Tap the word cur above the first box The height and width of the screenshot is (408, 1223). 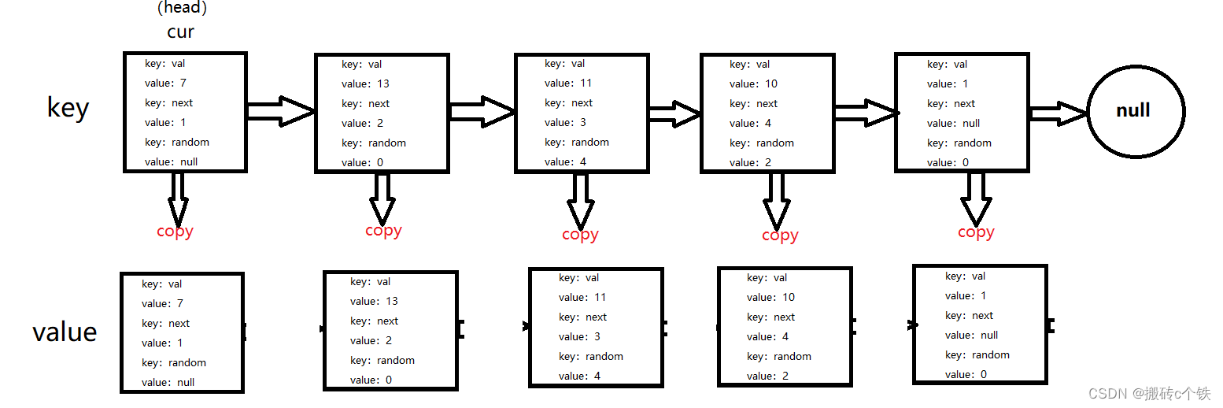pyautogui.click(x=180, y=32)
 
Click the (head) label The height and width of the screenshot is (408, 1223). pyautogui.click(x=182, y=8)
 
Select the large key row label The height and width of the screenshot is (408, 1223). pyautogui.click(x=68, y=107)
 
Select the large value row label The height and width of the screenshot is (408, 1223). pyautogui.click(x=65, y=332)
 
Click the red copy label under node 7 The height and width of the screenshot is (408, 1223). pyautogui.click(x=175, y=231)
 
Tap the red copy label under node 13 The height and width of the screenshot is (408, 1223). pyautogui.click(x=383, y=230)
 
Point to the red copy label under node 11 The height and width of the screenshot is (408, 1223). pyautogui.click(x=580, y=234)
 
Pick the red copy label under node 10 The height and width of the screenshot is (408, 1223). pyautogui.click(x=780, y=235)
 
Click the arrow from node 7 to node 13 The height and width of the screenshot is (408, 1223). pyautogui.click(x=281, y=111)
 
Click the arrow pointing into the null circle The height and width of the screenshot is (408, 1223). pyautogui.click(x=1059, y=113)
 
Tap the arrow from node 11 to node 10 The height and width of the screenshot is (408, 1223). pyautogui.click(x=674, y=113)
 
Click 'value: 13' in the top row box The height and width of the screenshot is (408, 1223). pyautogui.click(x=365, y=83)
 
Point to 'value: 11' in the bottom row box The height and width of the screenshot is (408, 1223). pyautogui.click(x=582, y=297)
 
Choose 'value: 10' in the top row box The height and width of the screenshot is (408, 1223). pyautogui.click(x=753, y=83)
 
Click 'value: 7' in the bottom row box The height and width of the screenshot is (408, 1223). pyautogui.click(x=162, y=303)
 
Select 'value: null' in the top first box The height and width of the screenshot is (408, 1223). pyautogui.click(x=171, y=161)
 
